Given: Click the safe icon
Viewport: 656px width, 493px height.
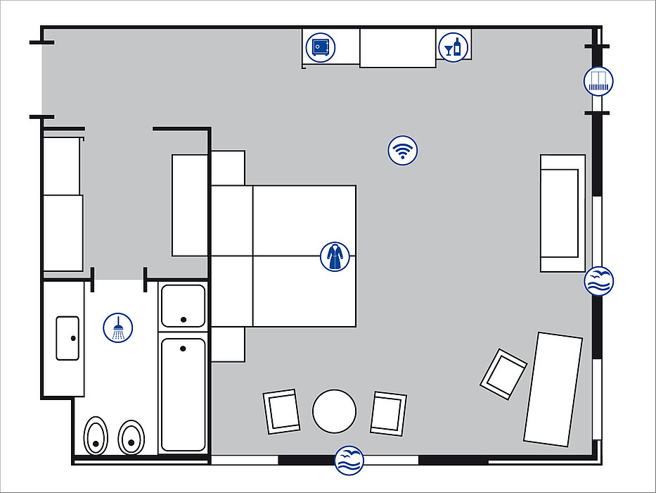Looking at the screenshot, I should pyautogui.click(x=319, y=47).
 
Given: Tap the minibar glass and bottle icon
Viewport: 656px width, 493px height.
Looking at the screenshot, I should pyautogui.click(x=454, y=47).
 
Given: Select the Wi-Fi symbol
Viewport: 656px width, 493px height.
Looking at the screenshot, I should pyautogui.click(x=403, y=150).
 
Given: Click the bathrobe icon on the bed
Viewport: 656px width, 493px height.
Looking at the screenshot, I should pyautogui.click(x=335, y=256).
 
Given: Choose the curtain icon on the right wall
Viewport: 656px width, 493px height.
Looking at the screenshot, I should pyautogui.click(x=598, y=82).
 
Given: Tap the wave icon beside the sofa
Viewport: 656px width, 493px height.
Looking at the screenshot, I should pyautogui.click(x=599, y=281).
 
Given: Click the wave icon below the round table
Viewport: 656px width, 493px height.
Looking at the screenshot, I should pyautogui.click(x=349, y=460).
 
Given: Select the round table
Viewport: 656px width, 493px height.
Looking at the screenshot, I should pyautogui.click(x=335, y=411).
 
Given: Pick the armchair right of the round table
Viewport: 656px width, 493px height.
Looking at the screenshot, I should pyautogui.click(x=388, y=413).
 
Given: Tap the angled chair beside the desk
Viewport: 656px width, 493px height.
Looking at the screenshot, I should pyautogui.click(x=503, y=374).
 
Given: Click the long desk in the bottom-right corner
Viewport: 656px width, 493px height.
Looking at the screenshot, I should pyautogui.click(x=553, y=389).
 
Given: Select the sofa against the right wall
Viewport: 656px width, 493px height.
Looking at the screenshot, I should pyautogui.click(x=562, y=213).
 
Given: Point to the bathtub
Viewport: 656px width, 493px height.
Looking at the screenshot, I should pyautogui.click(x=183, y=394).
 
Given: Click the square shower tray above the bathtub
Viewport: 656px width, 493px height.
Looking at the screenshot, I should pyautogui.click(x=183, y=306).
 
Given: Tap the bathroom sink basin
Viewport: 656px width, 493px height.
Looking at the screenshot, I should pyautogui.click(x=67, y=338).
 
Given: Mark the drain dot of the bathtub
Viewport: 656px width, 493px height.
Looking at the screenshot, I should pyautogui.click(x=183, y=348).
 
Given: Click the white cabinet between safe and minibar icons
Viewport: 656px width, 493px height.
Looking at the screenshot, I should pyautogui.click(x=398, y=48).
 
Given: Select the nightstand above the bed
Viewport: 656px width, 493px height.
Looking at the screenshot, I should pyautogui.click(x=228, y=168).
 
